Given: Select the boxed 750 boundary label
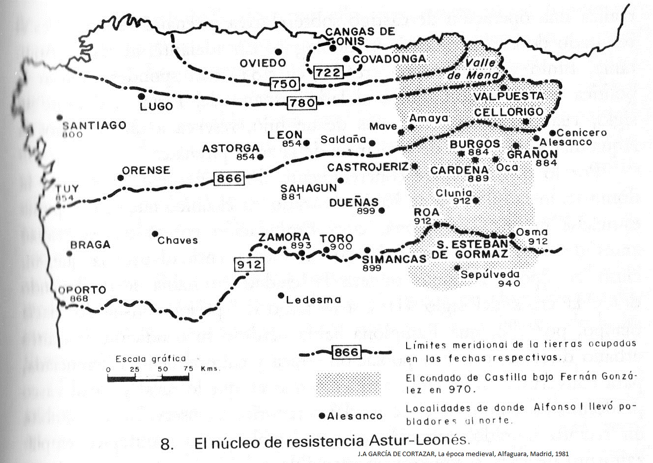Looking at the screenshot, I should tap(285, 84).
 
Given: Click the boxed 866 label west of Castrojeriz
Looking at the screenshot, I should tap(229, 178).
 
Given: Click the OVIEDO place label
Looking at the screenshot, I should tap(263, 63).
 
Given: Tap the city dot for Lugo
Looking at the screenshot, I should tap(142, 97).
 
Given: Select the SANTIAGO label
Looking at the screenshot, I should tap(94, 126).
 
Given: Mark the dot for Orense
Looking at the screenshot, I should tap(120, 178).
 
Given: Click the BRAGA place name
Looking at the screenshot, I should tap(90, 245).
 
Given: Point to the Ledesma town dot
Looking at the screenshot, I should tap(281, 296).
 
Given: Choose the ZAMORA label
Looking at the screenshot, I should tap(278, 237).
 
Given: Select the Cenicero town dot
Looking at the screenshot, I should tap(553, 132).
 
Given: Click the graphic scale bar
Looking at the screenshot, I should tap(148, 378).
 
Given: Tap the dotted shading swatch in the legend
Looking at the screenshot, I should tap(348, 385).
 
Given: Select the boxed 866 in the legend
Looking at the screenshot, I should tap(346, 352).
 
